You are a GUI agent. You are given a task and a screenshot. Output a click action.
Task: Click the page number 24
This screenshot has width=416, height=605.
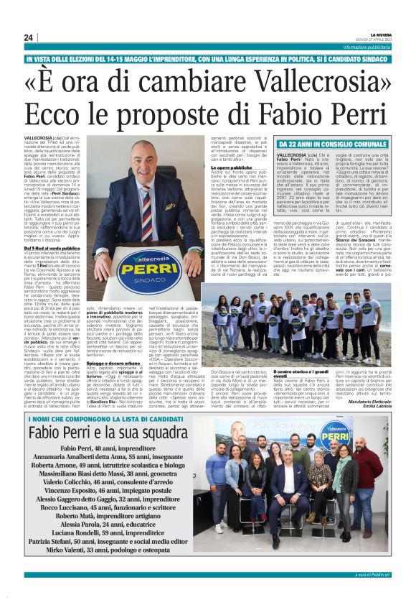pos(28,37)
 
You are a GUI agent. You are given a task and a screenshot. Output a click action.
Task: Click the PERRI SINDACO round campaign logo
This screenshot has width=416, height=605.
pos(150,270)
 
